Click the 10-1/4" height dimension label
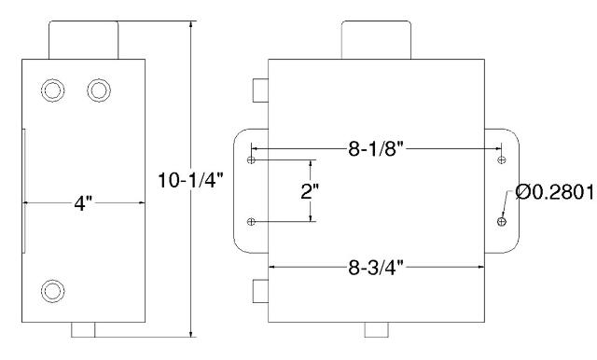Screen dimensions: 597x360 pyautogui.click(x=190, y=180)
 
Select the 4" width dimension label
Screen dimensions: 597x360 pyautogui.click(x=83, y=203)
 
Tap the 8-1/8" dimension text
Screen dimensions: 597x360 pyautogui.click(x=375, y=149)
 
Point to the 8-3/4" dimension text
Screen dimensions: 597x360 pyautogui.click(x=375, y=268)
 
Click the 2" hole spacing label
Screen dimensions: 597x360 pyautogui.click(x=310, y=191)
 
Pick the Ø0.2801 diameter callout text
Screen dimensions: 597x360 pyautogui.click(x=555, y=192)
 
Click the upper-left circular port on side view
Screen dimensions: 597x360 pyautogui.click(x=52, y=90)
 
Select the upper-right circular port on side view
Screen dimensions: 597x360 pyautogui.click(x=99, y=90)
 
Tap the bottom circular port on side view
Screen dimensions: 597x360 pyautogui.click(x=52, y=291)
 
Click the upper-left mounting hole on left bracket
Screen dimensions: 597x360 pyautogui.click(x=251, y=159)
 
